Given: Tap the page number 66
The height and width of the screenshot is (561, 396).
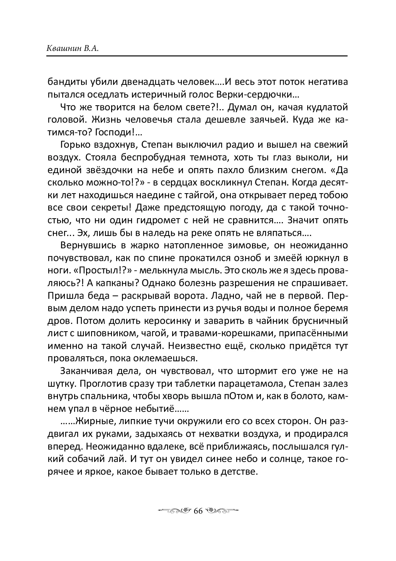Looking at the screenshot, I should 198,510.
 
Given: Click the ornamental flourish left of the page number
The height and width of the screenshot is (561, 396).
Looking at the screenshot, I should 174,510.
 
